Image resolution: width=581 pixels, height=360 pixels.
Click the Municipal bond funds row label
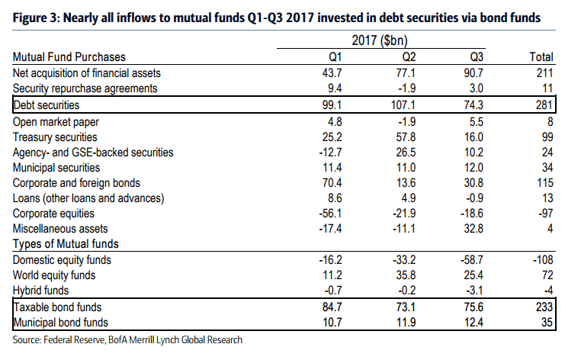[63, 322]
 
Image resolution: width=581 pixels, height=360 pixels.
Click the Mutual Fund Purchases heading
[69, 57]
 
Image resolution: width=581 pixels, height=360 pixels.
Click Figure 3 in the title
[36, 14]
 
